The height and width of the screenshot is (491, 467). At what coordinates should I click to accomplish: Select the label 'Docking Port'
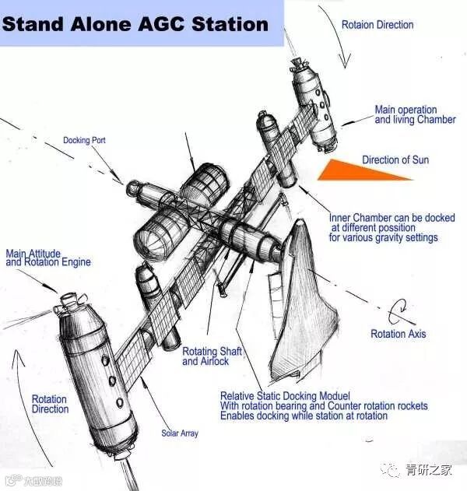84,141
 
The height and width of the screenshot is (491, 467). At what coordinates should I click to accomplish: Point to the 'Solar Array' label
180,433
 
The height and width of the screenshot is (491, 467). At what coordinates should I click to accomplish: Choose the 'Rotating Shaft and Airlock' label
212,357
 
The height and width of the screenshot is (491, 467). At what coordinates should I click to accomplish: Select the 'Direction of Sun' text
395,160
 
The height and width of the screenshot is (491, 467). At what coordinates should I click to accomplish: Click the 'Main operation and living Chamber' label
406,115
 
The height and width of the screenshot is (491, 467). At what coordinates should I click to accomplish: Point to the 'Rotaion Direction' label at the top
378,25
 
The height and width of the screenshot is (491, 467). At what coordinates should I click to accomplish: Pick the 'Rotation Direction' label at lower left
50,404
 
